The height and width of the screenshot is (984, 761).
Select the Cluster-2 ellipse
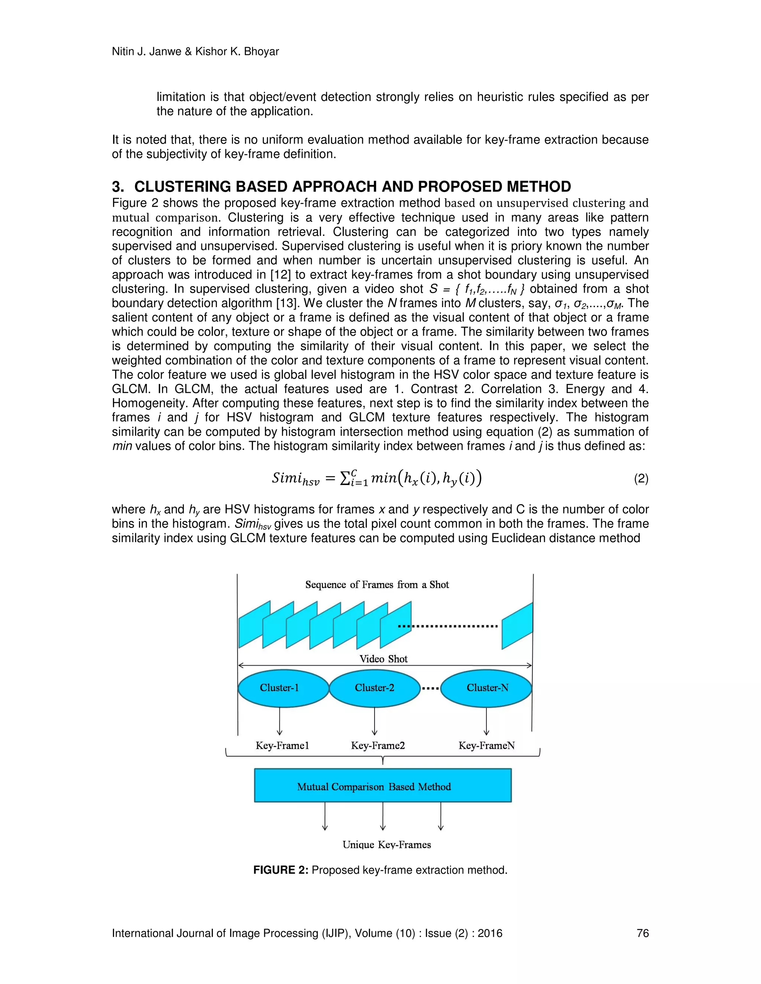coord(375,688)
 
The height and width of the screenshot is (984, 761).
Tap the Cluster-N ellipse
coord(486,688)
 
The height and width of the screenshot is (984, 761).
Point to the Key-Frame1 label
coord(282,746)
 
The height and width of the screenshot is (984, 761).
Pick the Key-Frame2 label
coord(378,746)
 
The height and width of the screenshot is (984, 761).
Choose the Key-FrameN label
coord(486,746)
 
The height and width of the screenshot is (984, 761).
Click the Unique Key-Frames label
coord(386,845)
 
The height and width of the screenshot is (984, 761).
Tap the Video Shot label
coord(383,659)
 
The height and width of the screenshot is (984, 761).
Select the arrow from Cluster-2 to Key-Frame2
coord(375,721)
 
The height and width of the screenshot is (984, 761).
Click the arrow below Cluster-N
coord(486,721)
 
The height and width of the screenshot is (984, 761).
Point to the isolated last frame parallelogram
coord(517,626)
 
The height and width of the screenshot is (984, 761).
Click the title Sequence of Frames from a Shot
coord(377,585)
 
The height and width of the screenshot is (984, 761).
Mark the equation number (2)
coord(641,479)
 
